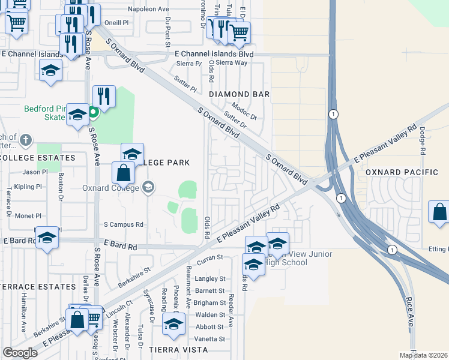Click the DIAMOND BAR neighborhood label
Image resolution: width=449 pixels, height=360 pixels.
pyautogui.click(x=239, y=94)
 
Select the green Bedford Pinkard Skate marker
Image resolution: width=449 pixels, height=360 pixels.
pyautogui.click(x=93, y=112)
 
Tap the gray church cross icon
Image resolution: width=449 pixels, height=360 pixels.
pyautogui.click(x=25, y=140)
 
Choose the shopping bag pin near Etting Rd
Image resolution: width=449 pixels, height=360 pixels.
pyautogui.click(x=439, y=212)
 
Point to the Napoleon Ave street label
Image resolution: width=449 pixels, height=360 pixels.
pyautogui.click(x=149, y=10)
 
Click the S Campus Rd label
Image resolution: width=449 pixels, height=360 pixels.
pyautogui.click(x=124, y=224)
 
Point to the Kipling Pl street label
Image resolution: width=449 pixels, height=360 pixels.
pyautogui.click(x=28, y=187)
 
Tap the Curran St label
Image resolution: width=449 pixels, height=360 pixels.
pyautogui.click(x=211, y=257)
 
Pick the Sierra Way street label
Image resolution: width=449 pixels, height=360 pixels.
pyautogui.click(x=232, y=62)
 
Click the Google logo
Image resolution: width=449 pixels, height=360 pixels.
pyautogui.click(x=20, y=353)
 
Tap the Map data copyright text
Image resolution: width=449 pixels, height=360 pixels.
pyautogui.click(x=423, y=355)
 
